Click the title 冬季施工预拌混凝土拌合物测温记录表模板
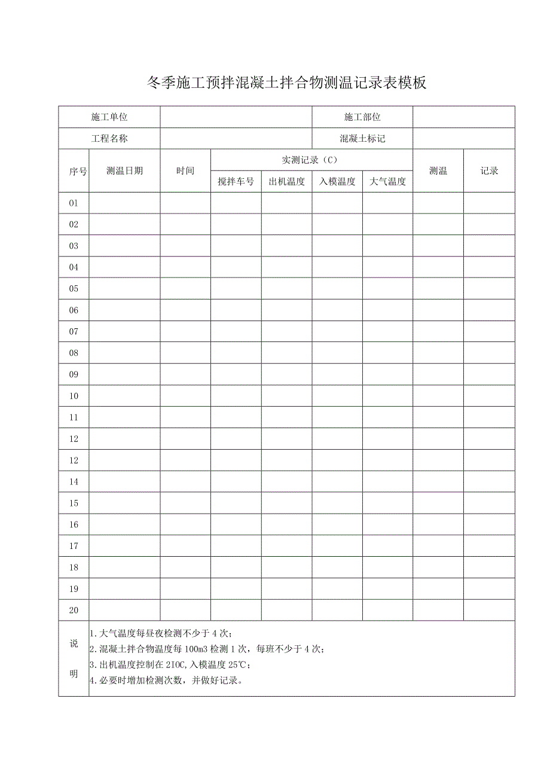pos(286,83)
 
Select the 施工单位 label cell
pos(109,117)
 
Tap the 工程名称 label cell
pos(109,139)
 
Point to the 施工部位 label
pos(362,117)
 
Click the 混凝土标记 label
pos(362,139)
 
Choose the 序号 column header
pos(74,171)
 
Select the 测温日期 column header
pos(124,171)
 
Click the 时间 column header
pos(185,171)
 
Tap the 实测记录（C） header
pos(311,160)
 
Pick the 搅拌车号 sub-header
pos(236,182)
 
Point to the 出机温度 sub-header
pos(286,182)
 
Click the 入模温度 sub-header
pos(337,182)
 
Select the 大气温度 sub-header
pos(387,182)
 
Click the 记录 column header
pos(489,171)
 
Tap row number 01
pos(74,203)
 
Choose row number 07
pos(74,331)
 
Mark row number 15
pos(74,503)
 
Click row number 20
pos(74,610)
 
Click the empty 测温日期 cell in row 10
pos(124,396)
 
